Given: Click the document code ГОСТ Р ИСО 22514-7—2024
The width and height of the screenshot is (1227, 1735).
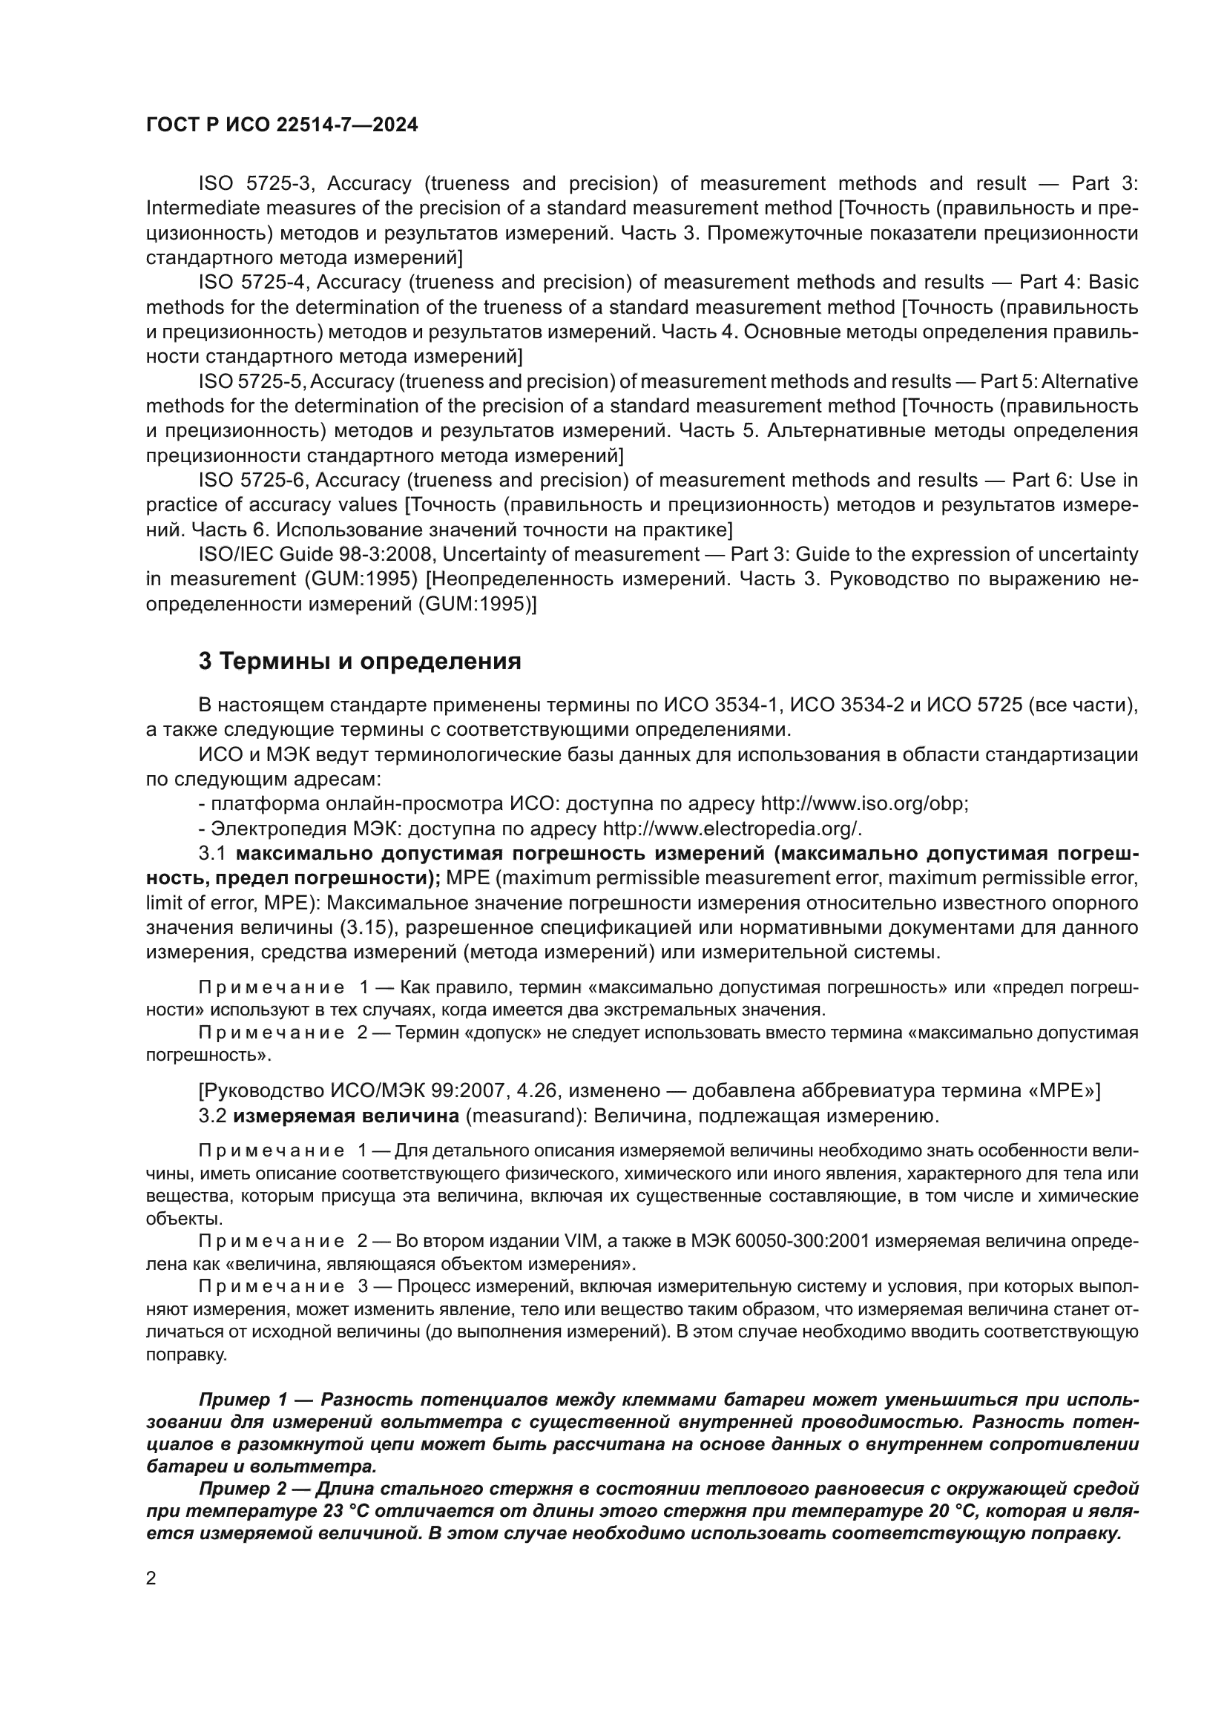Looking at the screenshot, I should pos(281,125).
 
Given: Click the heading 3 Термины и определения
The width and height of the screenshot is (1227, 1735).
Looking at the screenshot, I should pos(360,661).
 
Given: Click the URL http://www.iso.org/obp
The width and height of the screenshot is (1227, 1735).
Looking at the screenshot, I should pos(863,803).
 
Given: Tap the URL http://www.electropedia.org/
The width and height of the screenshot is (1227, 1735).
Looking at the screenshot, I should pos(731,829).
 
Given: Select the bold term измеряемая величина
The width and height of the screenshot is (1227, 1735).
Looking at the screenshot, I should pos(346,1116).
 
